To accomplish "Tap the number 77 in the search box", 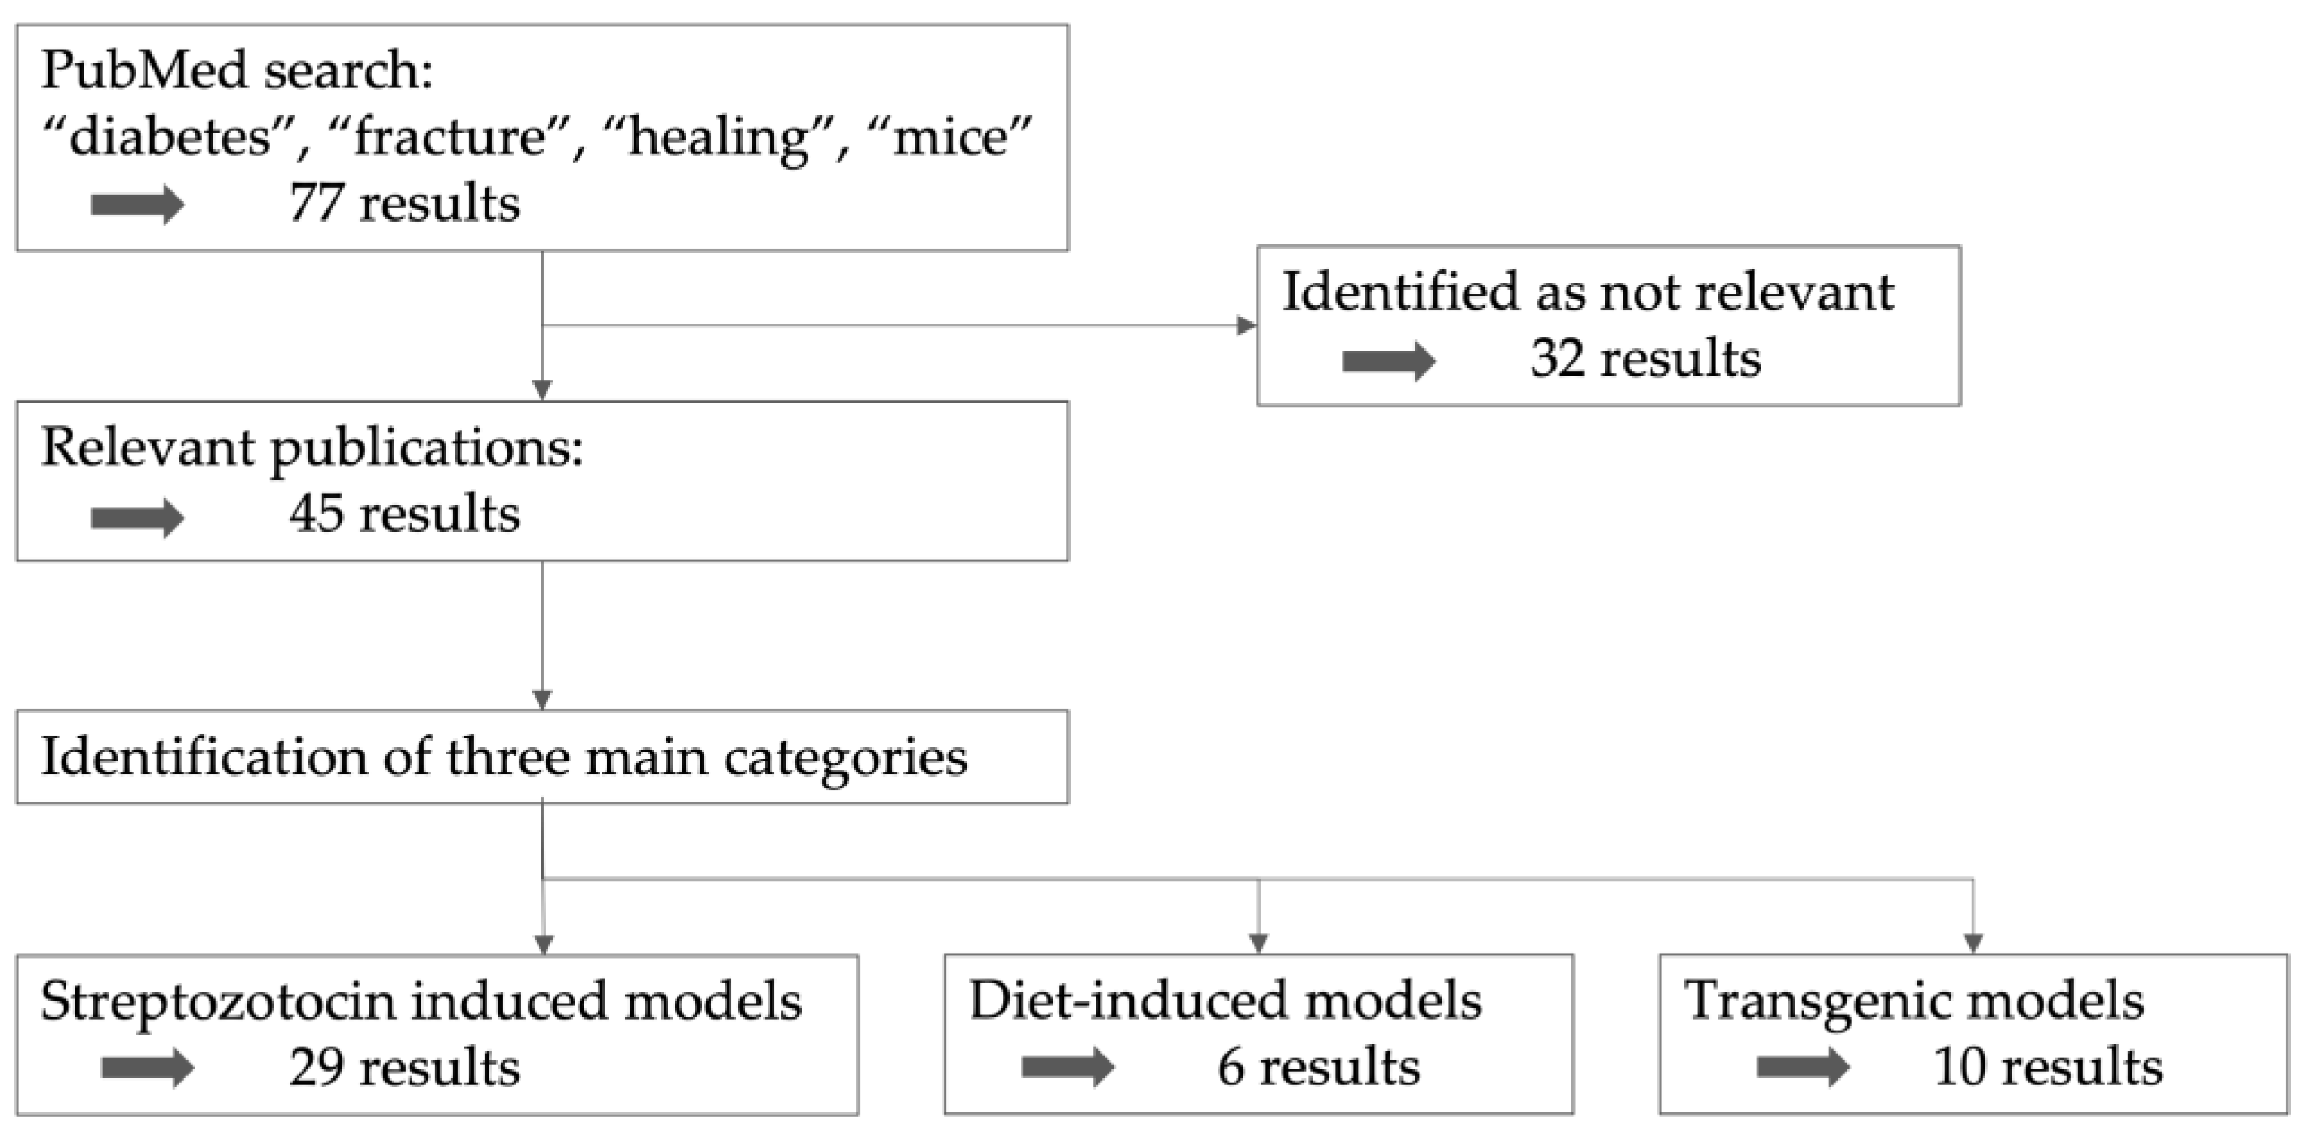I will pos(315,204).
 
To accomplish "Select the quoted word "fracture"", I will pos(450,138).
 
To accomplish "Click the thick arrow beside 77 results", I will pos(137,204).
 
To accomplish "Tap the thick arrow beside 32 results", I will pos(1389,361).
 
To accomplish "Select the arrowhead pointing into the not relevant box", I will pos(1246,325).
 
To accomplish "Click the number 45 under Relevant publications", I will pos(315,514).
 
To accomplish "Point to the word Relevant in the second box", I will pos(148,447).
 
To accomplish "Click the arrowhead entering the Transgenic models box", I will pos(1973,943).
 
